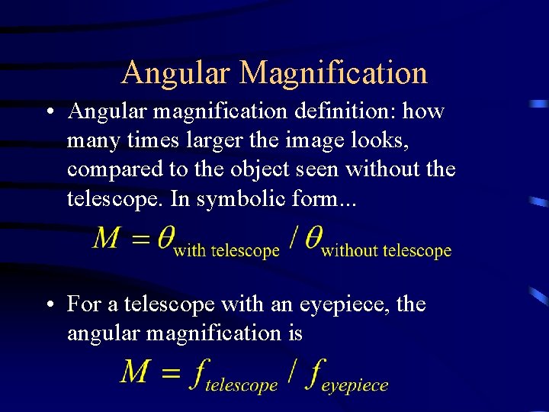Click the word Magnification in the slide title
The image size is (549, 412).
click(x=332, y=73)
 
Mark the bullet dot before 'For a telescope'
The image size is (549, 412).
click(x=50, y=305)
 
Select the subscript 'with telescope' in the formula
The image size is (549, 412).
click(x=226, y=251)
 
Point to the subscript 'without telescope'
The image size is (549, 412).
click(x=386, y=251)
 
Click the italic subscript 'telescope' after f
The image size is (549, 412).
click(x=241, y=386)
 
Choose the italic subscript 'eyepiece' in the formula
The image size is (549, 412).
click(x=355, y=386)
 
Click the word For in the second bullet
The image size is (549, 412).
click(x=83, y=304)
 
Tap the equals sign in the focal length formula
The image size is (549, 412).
click(x=172, y=372)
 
